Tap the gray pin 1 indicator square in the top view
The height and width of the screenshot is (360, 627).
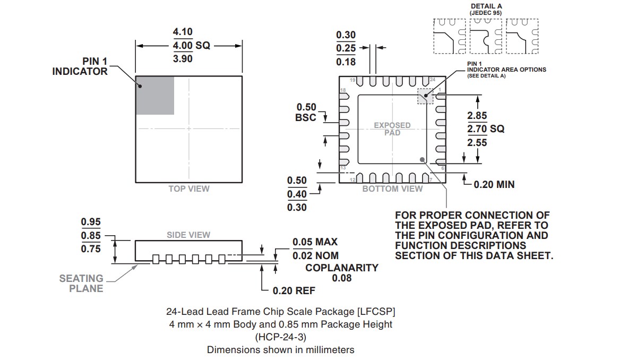pyautogui.click(x=155, y=95)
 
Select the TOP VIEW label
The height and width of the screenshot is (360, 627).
pyautogui.click(x=189, y=188)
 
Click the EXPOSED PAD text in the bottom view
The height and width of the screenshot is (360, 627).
pyautogui.click(x=392, y=129)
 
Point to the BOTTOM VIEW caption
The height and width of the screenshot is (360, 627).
pyautogui.click(x=392, y=189)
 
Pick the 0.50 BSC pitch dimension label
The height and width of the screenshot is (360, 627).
pyautogui.click(x=306, y=112)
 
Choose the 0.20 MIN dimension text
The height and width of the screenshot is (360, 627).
pyautogui.click(x=494, y=185)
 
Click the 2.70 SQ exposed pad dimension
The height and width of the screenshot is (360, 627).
pyautogui.click(x=485, y=129)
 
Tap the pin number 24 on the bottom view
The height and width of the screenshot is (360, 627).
pyautogui.click(x=432, y=80)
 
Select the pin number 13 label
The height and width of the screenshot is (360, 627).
pyautogui.click(x=343, y=168)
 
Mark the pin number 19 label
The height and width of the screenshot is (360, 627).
pyautogui.click(x=352, y=80)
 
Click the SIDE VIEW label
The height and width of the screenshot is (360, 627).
pyautogui.click(x=188, y=235)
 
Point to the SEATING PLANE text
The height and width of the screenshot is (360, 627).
pyautogui.click(x=81, y=284)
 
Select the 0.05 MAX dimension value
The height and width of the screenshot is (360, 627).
pyautogui.click(x=315, y=242)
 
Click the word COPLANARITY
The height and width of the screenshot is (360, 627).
pyautogui.click(x=342, y=268)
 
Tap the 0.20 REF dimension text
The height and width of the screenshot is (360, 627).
pyautogui.click(x=294, y=291)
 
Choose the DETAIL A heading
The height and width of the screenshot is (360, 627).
pyautogui.click(x=486, y=6)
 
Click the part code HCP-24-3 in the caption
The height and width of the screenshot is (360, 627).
pyautogui.click(x=280, y=337)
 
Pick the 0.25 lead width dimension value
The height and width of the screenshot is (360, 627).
pyautogui.click(x=346, y=48)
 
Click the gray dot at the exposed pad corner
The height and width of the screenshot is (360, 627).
pyautogui.click(x=423, y=159)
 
